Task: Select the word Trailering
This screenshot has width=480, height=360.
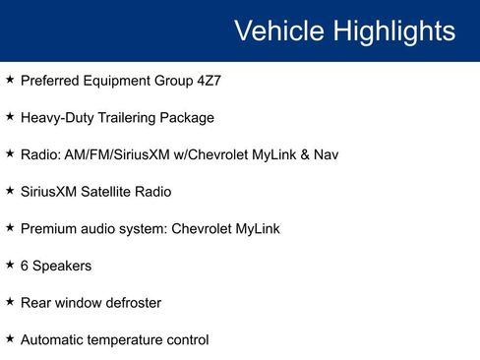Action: tap(131, 118)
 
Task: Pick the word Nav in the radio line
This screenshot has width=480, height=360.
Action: tap(325, 154)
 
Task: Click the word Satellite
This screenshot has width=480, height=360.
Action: tap(113, 192)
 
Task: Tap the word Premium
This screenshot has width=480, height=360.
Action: tap(50, 229)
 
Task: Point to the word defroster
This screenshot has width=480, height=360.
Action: tap(131, 303)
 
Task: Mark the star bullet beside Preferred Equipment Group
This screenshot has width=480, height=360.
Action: tap(9, 80)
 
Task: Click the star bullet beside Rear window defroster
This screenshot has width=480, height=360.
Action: tap(9, 302)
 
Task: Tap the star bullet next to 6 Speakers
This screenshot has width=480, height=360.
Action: tap(9, 265)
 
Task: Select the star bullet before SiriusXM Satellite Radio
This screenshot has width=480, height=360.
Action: tap(9, 191)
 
